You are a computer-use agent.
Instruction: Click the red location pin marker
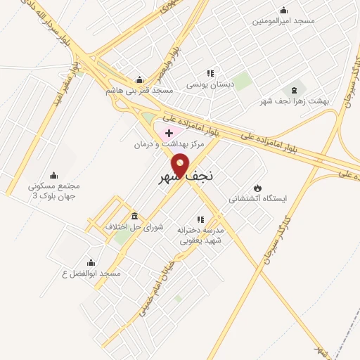[x=180, y=164]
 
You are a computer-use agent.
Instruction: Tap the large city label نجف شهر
[x=184, y=178]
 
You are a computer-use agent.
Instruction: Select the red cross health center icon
[x=169, y=132]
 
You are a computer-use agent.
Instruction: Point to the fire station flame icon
[x=257, y=188]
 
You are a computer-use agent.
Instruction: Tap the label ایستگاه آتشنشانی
[x=258, y=199]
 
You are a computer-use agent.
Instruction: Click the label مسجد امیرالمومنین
[x=284, y=21]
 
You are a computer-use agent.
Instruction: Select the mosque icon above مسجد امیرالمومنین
[x=283, y=10]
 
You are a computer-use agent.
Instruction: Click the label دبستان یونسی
[x=210, y=84]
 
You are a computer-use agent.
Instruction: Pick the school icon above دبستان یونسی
[x=210, y=73]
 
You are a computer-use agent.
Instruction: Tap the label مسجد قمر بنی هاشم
[x=139, y=91]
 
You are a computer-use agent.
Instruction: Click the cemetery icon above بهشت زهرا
[x=294, y=90]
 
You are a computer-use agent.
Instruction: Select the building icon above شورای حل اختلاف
[x=134, y=215]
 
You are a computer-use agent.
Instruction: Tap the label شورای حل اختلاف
[x=134, y=226]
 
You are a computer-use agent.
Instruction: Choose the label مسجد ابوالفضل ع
[x=91, y=273]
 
